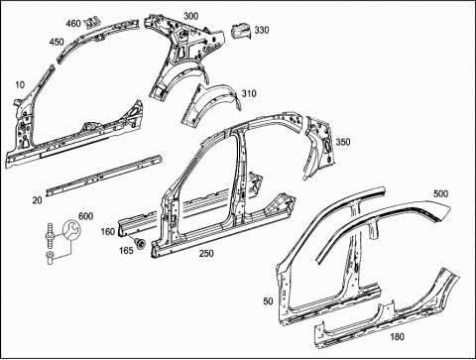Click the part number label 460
[73, 24]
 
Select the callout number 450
[57, 43]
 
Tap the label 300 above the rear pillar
[191, 16]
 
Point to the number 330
[262, 30]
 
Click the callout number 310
[249, 93]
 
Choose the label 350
[343, 142]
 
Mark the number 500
[441, 193]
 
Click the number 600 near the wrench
[85, 216]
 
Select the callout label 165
[126, 250]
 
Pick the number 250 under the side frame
[206, 254]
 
